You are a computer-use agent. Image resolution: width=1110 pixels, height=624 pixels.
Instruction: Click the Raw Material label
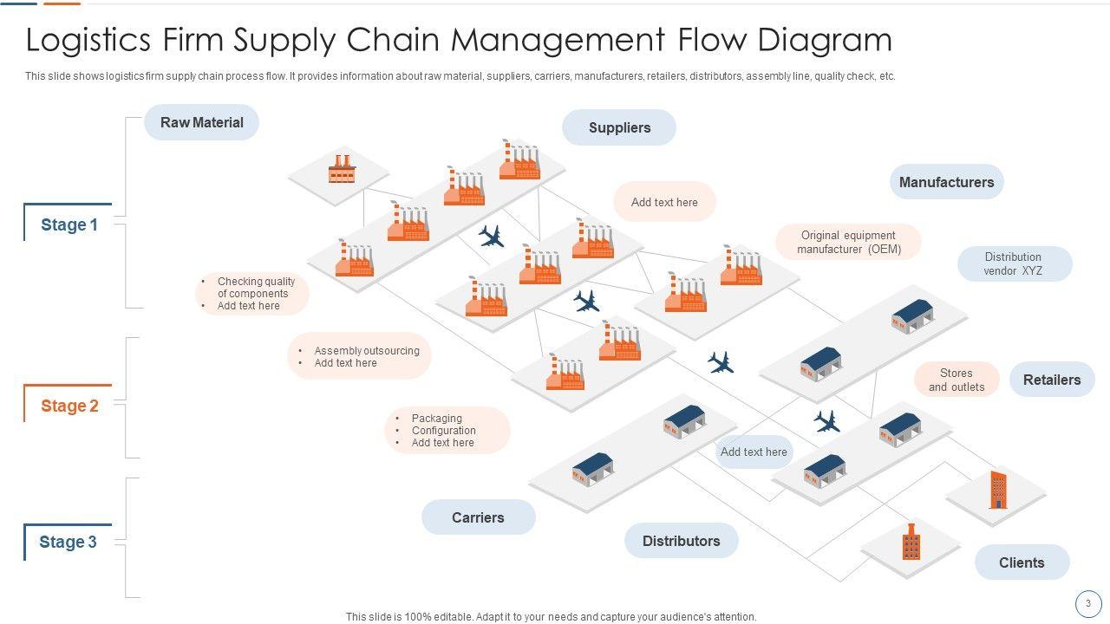[x=201, y=123]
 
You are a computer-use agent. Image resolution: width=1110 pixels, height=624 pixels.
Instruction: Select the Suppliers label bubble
[x=619, y=128]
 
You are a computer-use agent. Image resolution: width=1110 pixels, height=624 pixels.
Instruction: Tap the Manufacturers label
[x=946, y=183]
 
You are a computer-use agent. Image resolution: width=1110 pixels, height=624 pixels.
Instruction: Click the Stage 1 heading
[x=69, y=225]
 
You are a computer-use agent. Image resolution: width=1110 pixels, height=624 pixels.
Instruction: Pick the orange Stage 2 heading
[x=69, y=406]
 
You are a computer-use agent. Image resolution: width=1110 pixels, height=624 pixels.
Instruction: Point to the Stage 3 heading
[x=68, y=543]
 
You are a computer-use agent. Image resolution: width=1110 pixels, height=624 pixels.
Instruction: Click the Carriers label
[x=478, y=518]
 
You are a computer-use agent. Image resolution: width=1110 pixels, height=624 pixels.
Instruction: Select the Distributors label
[x=681, y=542]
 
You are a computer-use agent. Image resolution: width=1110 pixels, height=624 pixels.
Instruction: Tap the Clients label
[x=1022, y=563]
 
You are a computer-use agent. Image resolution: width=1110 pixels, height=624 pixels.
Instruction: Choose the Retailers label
[x=1052, y=380]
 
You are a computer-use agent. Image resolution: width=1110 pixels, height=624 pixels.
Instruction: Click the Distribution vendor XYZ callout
[x=1014, y=264]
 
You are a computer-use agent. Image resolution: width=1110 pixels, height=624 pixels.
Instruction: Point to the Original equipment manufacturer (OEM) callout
[x=848, y=243]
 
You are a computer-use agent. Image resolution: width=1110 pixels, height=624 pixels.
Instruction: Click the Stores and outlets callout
[x=957, y=380]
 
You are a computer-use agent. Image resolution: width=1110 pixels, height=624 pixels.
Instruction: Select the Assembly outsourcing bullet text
[x=366, y=351]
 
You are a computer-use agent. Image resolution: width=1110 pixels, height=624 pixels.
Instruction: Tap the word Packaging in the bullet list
[x=436, y=419]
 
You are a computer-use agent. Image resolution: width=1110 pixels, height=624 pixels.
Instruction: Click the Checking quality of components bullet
[x=256, y=288]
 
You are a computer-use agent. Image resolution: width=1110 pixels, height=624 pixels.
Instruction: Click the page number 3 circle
[x=1088, y=603]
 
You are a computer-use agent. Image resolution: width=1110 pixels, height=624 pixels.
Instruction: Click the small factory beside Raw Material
[x=342, y=169]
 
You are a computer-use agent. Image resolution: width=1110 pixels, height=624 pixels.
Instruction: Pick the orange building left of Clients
[x=911, y=543]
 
